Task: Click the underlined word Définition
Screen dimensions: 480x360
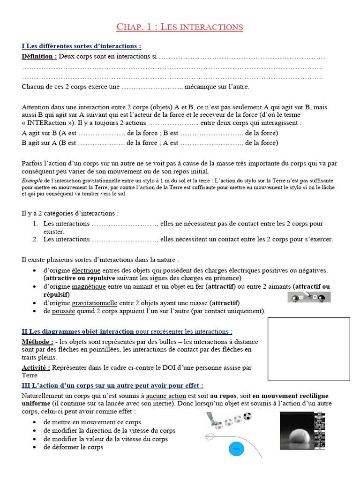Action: [39, 57]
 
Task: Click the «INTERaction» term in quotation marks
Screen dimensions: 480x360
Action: [48, 123]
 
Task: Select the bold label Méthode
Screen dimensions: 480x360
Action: [37, 342]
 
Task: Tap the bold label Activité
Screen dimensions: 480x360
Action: [36, 367]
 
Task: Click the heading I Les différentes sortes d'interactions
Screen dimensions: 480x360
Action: [81, 46]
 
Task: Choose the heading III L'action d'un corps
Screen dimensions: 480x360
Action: [112, 385]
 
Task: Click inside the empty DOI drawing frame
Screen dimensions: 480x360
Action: [308, 349]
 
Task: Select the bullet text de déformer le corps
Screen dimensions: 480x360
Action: [73, 447]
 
